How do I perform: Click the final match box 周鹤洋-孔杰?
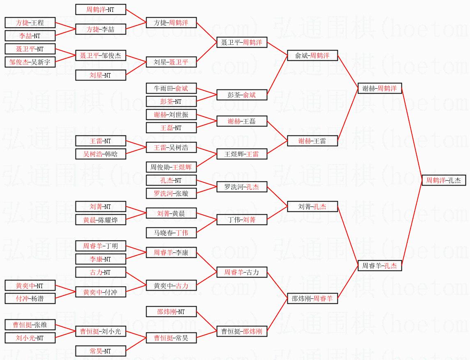pos(447,180)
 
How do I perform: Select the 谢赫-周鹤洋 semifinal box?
pos(380,88)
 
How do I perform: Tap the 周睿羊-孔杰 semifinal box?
pos(380,266)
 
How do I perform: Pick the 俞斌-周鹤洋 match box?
pos(312,55)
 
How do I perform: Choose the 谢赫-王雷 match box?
pos(312,141)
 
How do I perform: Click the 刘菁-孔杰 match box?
pos(312,207)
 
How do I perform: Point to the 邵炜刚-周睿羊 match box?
pos(312,299)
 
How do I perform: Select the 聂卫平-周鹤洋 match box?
pos(242,42)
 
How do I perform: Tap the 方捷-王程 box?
pos(30,23)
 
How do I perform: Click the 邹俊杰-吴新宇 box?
pos(30,62)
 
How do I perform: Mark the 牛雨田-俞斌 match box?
pos(171,88)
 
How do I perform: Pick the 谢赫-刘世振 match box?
pos(171,115)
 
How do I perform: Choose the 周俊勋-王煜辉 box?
pos(171,167)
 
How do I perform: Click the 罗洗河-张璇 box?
pos(171,193)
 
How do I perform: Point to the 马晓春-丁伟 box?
pos(171,233)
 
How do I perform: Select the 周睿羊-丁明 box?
pos(101,246)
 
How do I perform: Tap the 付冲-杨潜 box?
pos(30,298)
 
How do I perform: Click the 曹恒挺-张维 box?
pos(30,325)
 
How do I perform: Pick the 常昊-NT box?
pos(101,351)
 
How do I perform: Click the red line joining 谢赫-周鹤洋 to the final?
pos(412,134)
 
